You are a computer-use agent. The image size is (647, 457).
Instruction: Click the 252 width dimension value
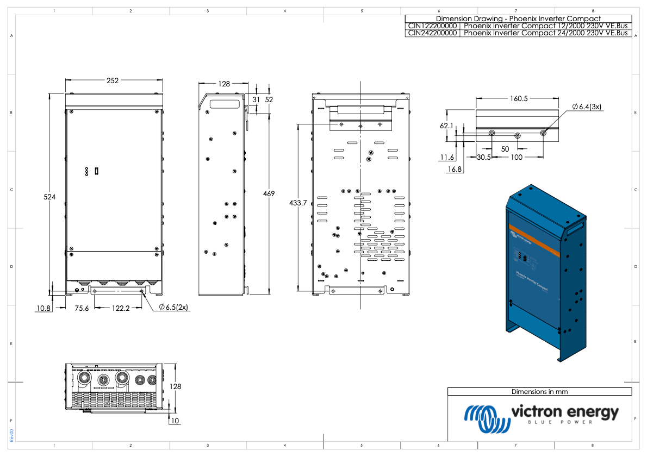113,80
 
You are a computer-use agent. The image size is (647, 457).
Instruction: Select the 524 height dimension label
49,197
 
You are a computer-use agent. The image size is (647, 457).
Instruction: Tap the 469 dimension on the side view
269,194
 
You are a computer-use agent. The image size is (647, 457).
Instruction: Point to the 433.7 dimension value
297,203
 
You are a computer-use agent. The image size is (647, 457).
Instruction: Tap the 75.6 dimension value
82,308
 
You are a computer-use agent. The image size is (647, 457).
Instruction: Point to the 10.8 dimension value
43,308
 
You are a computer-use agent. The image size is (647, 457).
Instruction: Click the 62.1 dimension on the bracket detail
446,126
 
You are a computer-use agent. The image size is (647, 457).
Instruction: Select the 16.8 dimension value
455,170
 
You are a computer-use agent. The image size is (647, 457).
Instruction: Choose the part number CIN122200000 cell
433,26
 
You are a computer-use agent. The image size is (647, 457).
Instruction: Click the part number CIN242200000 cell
433,33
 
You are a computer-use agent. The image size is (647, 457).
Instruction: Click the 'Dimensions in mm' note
539,391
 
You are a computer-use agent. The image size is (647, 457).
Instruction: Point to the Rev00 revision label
12,435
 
